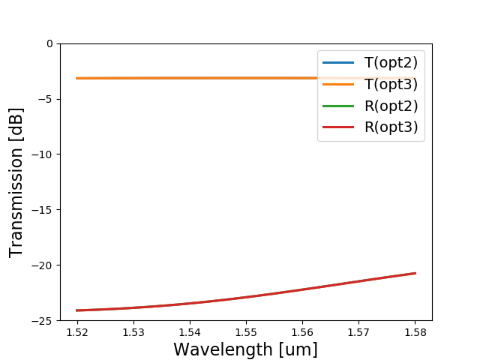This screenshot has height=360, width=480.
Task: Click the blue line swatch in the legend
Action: (x=337, y=63)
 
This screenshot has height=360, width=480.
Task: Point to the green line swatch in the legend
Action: (x=337, y=106)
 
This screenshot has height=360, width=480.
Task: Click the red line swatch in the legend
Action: (x=337, y=127)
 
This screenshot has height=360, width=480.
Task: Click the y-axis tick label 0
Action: (x=49, y=43)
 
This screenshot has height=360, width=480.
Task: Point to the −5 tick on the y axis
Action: (x=46, y=99)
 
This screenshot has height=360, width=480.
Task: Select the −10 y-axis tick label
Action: (x=44, y=154)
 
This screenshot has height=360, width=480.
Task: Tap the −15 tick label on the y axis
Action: (x=44, y=210)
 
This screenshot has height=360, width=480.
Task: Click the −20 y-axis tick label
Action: (x=44, y=265)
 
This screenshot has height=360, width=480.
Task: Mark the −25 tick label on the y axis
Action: (x=44, y=321)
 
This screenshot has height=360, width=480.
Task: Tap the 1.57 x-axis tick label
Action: (x=358, y=331)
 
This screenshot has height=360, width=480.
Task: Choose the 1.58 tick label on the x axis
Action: (x=415, y=331)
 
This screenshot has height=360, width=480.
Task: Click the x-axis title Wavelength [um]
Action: (x=246, y=349)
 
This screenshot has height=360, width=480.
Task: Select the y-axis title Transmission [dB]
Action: (x=16, y=182)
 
